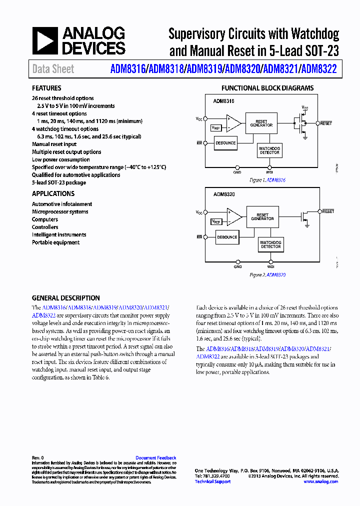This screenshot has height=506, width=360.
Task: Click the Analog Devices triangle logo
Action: pos(45,41)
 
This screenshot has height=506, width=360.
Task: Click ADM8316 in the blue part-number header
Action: pos(127,69)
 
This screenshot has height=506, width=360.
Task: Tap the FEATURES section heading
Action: pos(46,88)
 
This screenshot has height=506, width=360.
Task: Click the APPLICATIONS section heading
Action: pos(53,193)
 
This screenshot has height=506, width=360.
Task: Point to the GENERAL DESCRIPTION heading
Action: pos(65,298)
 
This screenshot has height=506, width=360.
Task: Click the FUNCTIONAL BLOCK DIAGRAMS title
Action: pos(267,88)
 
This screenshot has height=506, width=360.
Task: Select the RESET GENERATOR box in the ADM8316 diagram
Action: pos(261,123)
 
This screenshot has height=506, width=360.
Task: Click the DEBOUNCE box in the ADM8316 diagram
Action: pos(225,143)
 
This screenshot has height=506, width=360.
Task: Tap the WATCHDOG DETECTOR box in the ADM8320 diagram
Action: pos(270,244)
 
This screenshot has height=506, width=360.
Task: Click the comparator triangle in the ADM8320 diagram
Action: pos(233,217)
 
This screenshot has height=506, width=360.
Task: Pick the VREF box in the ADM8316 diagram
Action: pos(216,127)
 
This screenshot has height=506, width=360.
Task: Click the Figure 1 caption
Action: pos(267,180)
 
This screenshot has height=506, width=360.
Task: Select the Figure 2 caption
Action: pos(267,274)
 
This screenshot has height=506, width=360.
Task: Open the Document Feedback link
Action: pos(155,457)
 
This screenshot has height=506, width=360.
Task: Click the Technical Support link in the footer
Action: pos(212,481)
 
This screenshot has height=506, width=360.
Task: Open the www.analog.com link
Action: pos(320,481)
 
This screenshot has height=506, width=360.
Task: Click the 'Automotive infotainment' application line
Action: pos(62,204)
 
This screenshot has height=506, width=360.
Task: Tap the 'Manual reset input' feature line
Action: pos(54,144)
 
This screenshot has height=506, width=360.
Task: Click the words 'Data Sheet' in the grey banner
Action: pos(53,69)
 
